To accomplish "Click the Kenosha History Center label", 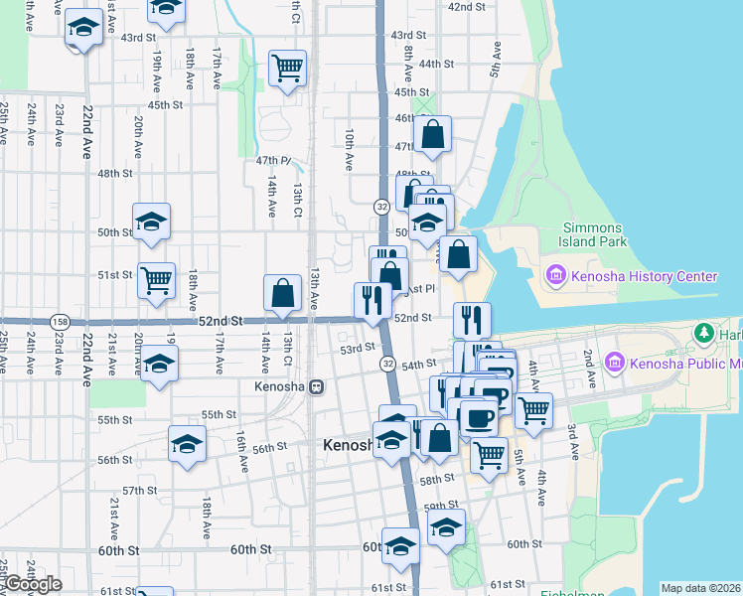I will click(643, 275).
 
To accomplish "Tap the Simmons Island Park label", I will click(595, 234).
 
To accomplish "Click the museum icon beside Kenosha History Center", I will click(554, 275).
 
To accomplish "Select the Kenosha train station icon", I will click(317, 386).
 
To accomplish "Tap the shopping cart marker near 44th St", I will click(287, 69).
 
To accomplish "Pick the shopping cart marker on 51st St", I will click(157, 281).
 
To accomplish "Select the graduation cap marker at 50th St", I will click(152, 222).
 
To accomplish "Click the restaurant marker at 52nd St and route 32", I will click(372, 299).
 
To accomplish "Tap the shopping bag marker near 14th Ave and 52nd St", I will click(283, 292).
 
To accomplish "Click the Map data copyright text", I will click(701, 588).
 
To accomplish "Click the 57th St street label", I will click(140, 491).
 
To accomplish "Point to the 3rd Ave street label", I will click(573, 440).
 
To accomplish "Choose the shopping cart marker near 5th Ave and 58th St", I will click(489, 455).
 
